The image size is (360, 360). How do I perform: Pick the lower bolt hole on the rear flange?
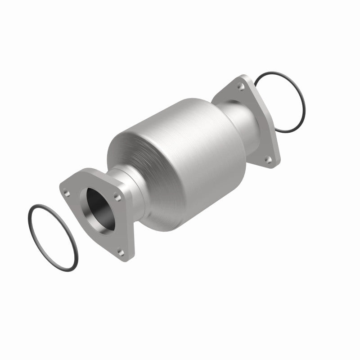tap(268, 158)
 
